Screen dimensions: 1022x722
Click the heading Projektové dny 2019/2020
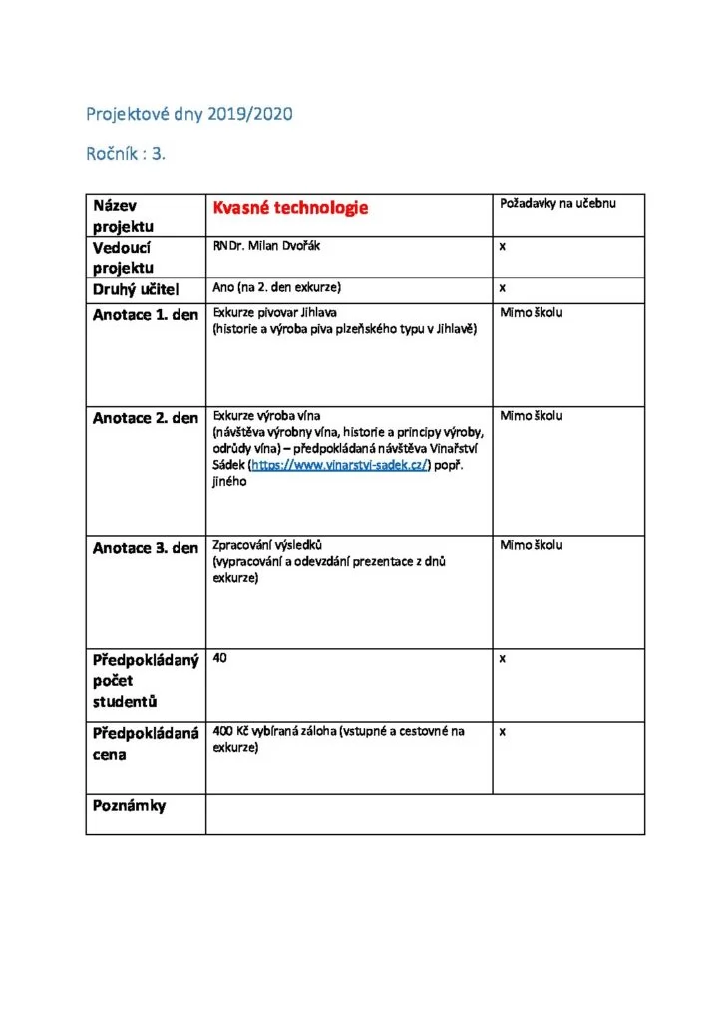[188, 114]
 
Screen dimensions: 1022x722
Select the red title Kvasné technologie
[290, 207]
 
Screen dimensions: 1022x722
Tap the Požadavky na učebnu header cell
[557, 204]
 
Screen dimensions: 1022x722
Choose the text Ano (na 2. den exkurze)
[277, 287]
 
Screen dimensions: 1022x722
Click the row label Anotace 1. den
[146, 315]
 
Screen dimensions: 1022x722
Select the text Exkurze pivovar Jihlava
[275, 312]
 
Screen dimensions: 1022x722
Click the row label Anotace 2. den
[146, 418]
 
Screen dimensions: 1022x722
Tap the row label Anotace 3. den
[146, 548]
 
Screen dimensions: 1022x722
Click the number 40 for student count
[219, 659]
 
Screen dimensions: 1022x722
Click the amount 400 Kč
[230, 731]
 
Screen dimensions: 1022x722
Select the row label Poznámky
[130, 805]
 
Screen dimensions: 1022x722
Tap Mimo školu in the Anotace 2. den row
[531, 415]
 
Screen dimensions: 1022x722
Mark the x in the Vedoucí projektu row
[504, 246]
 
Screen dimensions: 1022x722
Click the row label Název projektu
[124, 215]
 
